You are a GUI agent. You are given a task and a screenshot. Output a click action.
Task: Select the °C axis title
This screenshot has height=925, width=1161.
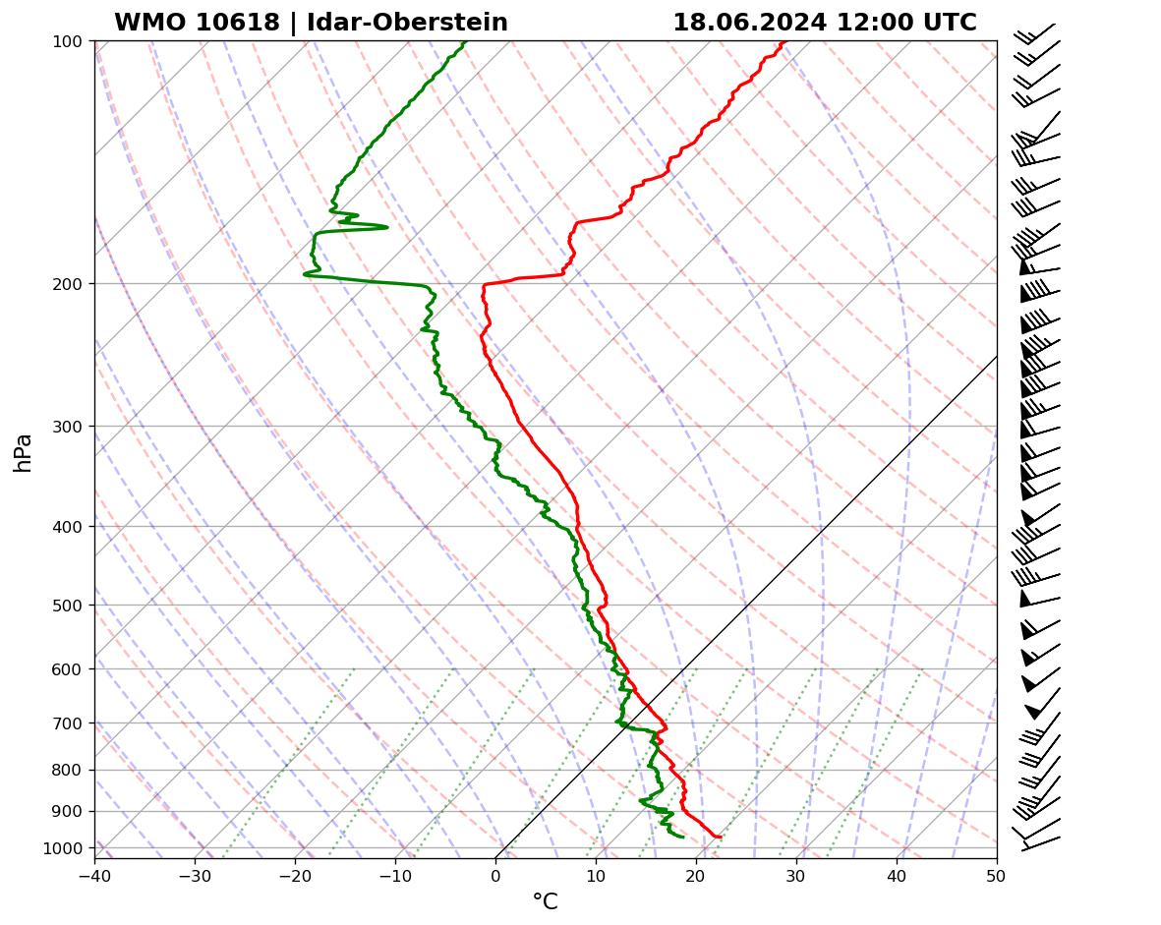tap(545, 901)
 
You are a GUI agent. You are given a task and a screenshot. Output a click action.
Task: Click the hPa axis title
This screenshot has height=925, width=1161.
tap(24, 452)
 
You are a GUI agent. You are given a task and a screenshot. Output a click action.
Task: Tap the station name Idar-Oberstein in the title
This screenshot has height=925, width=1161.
tap(407, 23)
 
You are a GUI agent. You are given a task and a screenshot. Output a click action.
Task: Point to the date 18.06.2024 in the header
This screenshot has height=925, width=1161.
tap(749, 23)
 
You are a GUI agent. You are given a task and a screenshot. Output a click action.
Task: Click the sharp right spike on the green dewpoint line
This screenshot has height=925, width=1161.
tap(386, 227)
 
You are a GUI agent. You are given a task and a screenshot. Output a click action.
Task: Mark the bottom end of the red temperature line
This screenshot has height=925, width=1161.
tap(721, 837)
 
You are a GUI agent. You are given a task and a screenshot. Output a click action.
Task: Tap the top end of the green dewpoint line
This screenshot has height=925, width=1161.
tap(465, 41)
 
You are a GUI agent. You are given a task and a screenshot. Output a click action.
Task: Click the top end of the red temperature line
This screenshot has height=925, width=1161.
tap(784, 41)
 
